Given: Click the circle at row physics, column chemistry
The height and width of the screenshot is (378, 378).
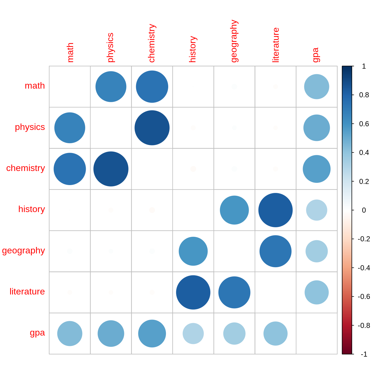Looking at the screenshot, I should (152, 128).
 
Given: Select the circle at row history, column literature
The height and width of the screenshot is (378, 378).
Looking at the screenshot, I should (275, 210).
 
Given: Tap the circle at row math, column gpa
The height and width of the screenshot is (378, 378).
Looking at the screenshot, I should (316, 87).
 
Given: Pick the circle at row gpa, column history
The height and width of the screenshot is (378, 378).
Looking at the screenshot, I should (193, 334).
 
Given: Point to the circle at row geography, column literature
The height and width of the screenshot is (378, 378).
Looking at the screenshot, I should (275, 251).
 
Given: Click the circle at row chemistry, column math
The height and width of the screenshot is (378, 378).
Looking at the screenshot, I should (70, 169).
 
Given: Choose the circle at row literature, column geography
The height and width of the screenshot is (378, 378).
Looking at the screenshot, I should (234, 292).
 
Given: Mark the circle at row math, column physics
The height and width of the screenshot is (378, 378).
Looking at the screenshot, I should (111, 87).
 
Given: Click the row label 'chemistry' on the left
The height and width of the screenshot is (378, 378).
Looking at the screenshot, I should (26, 168).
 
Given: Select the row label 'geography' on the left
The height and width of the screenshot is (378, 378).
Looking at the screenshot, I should (23, 250).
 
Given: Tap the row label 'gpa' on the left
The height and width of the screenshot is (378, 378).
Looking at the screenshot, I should (37, 333).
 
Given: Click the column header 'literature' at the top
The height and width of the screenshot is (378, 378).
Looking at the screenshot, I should (276, 45).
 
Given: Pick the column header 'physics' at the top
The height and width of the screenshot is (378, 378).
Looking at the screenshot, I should (110, 48).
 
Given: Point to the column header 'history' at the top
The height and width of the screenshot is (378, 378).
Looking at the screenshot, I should (193, 49).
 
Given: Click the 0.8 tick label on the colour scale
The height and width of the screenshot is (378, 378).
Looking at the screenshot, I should (364, 95).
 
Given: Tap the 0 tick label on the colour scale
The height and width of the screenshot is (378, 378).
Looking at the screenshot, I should (364, 210).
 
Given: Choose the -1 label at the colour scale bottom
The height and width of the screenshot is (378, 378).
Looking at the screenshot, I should (364, 354).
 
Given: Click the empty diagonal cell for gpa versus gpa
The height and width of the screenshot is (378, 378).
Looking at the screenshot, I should (316, 334).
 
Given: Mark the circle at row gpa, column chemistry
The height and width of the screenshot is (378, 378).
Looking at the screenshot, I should (152, 334).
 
